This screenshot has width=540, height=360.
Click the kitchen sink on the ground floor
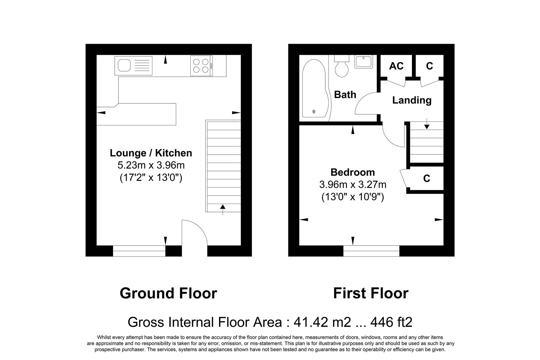(x=133, y=66)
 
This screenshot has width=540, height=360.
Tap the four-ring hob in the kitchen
(x=201, y=66)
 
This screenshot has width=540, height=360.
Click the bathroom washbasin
(x=364, y=61)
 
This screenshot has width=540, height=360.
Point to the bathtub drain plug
(x=314, y=111)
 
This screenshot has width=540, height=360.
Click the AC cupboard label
(x=396, y=66)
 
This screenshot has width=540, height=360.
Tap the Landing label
(x=412, y=100)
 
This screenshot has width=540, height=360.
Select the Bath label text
(x=345, y=95)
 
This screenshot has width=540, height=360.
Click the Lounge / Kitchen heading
(x=151, y=153)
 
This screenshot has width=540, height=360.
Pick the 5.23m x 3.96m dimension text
(x=151, y=165)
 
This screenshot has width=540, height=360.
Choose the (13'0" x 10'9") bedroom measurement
(x=353, y=197)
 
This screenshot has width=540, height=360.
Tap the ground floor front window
(x=139, y=251)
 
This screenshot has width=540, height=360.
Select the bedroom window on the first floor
(x=371, y=251)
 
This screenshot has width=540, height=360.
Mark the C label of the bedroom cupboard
(x=427, y=178)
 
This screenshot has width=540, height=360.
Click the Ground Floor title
(x=169, y=293)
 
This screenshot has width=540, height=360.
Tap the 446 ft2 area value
(x=391, y=322)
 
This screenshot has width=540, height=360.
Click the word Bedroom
(x=353, y=172)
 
